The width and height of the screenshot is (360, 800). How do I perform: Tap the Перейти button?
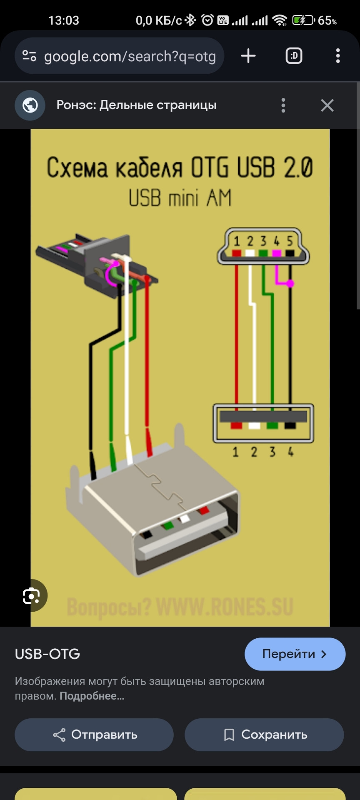pos(295,654)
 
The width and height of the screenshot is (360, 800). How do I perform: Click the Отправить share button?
pos(94,735)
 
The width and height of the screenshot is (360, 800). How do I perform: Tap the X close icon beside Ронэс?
pos(327,105)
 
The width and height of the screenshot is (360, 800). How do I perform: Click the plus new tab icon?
pos(248,56)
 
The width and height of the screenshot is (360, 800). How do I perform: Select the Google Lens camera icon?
pos(32,596)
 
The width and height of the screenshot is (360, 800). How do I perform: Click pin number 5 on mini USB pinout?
pos(290,241)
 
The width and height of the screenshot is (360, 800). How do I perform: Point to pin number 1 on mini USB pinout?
pos(237,241)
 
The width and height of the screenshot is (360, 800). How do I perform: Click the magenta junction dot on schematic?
pos(290,283)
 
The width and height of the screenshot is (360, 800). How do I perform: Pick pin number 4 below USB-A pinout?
pos(290,452)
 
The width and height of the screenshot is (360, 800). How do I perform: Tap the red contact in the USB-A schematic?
pos(236,425)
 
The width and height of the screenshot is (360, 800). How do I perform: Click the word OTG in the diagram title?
pos(210,168)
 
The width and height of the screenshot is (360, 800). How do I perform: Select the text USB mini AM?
pos(180,198)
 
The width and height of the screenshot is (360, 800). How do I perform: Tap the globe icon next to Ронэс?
pos(30,105)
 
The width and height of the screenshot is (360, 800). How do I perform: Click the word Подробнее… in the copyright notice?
pos(92,696)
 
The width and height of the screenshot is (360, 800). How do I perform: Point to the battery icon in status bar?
pos(303,20)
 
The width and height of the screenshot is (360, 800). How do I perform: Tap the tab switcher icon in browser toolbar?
pos(294,56)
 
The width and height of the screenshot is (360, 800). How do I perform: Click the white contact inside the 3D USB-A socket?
pos(184,519)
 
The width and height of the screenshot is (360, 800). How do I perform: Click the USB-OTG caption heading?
pos(47,654)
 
